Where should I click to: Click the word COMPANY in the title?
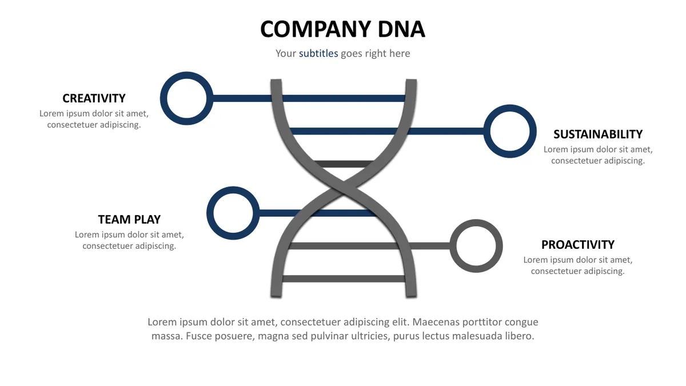[x=316, y=29]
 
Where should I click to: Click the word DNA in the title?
[x=401, y=29]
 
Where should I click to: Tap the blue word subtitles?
[x=318, y=53]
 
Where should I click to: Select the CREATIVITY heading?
[x=94, y=98]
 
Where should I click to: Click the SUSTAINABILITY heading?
[x=598, y=134]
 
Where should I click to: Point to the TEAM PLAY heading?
[x=129, y=220]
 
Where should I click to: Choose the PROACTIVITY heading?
[x=578, y=245]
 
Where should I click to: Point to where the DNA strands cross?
[x=344, y=188]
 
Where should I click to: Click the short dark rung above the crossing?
[x=344, y=164]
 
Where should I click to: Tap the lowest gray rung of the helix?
[x=344, y=278]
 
